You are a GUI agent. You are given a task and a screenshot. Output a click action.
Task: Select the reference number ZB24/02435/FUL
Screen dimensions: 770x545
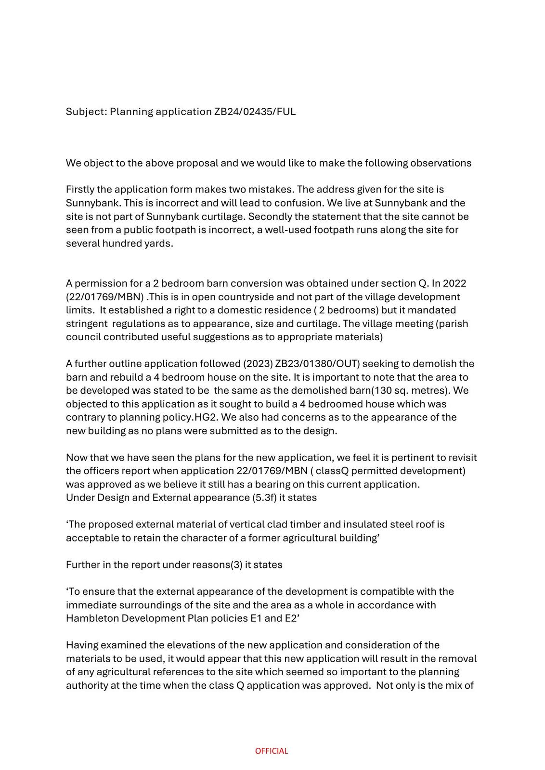pyautogui.click(x=255, y=112)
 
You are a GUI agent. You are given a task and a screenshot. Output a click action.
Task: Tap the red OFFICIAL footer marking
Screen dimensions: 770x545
pyautogui.click(x=272, y=751)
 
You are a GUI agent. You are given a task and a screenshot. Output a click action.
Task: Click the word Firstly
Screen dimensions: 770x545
pyautogui.click(x=79, y=190)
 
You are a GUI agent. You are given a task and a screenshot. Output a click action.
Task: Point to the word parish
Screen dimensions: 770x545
pyautogui.click(x=454, y=323)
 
